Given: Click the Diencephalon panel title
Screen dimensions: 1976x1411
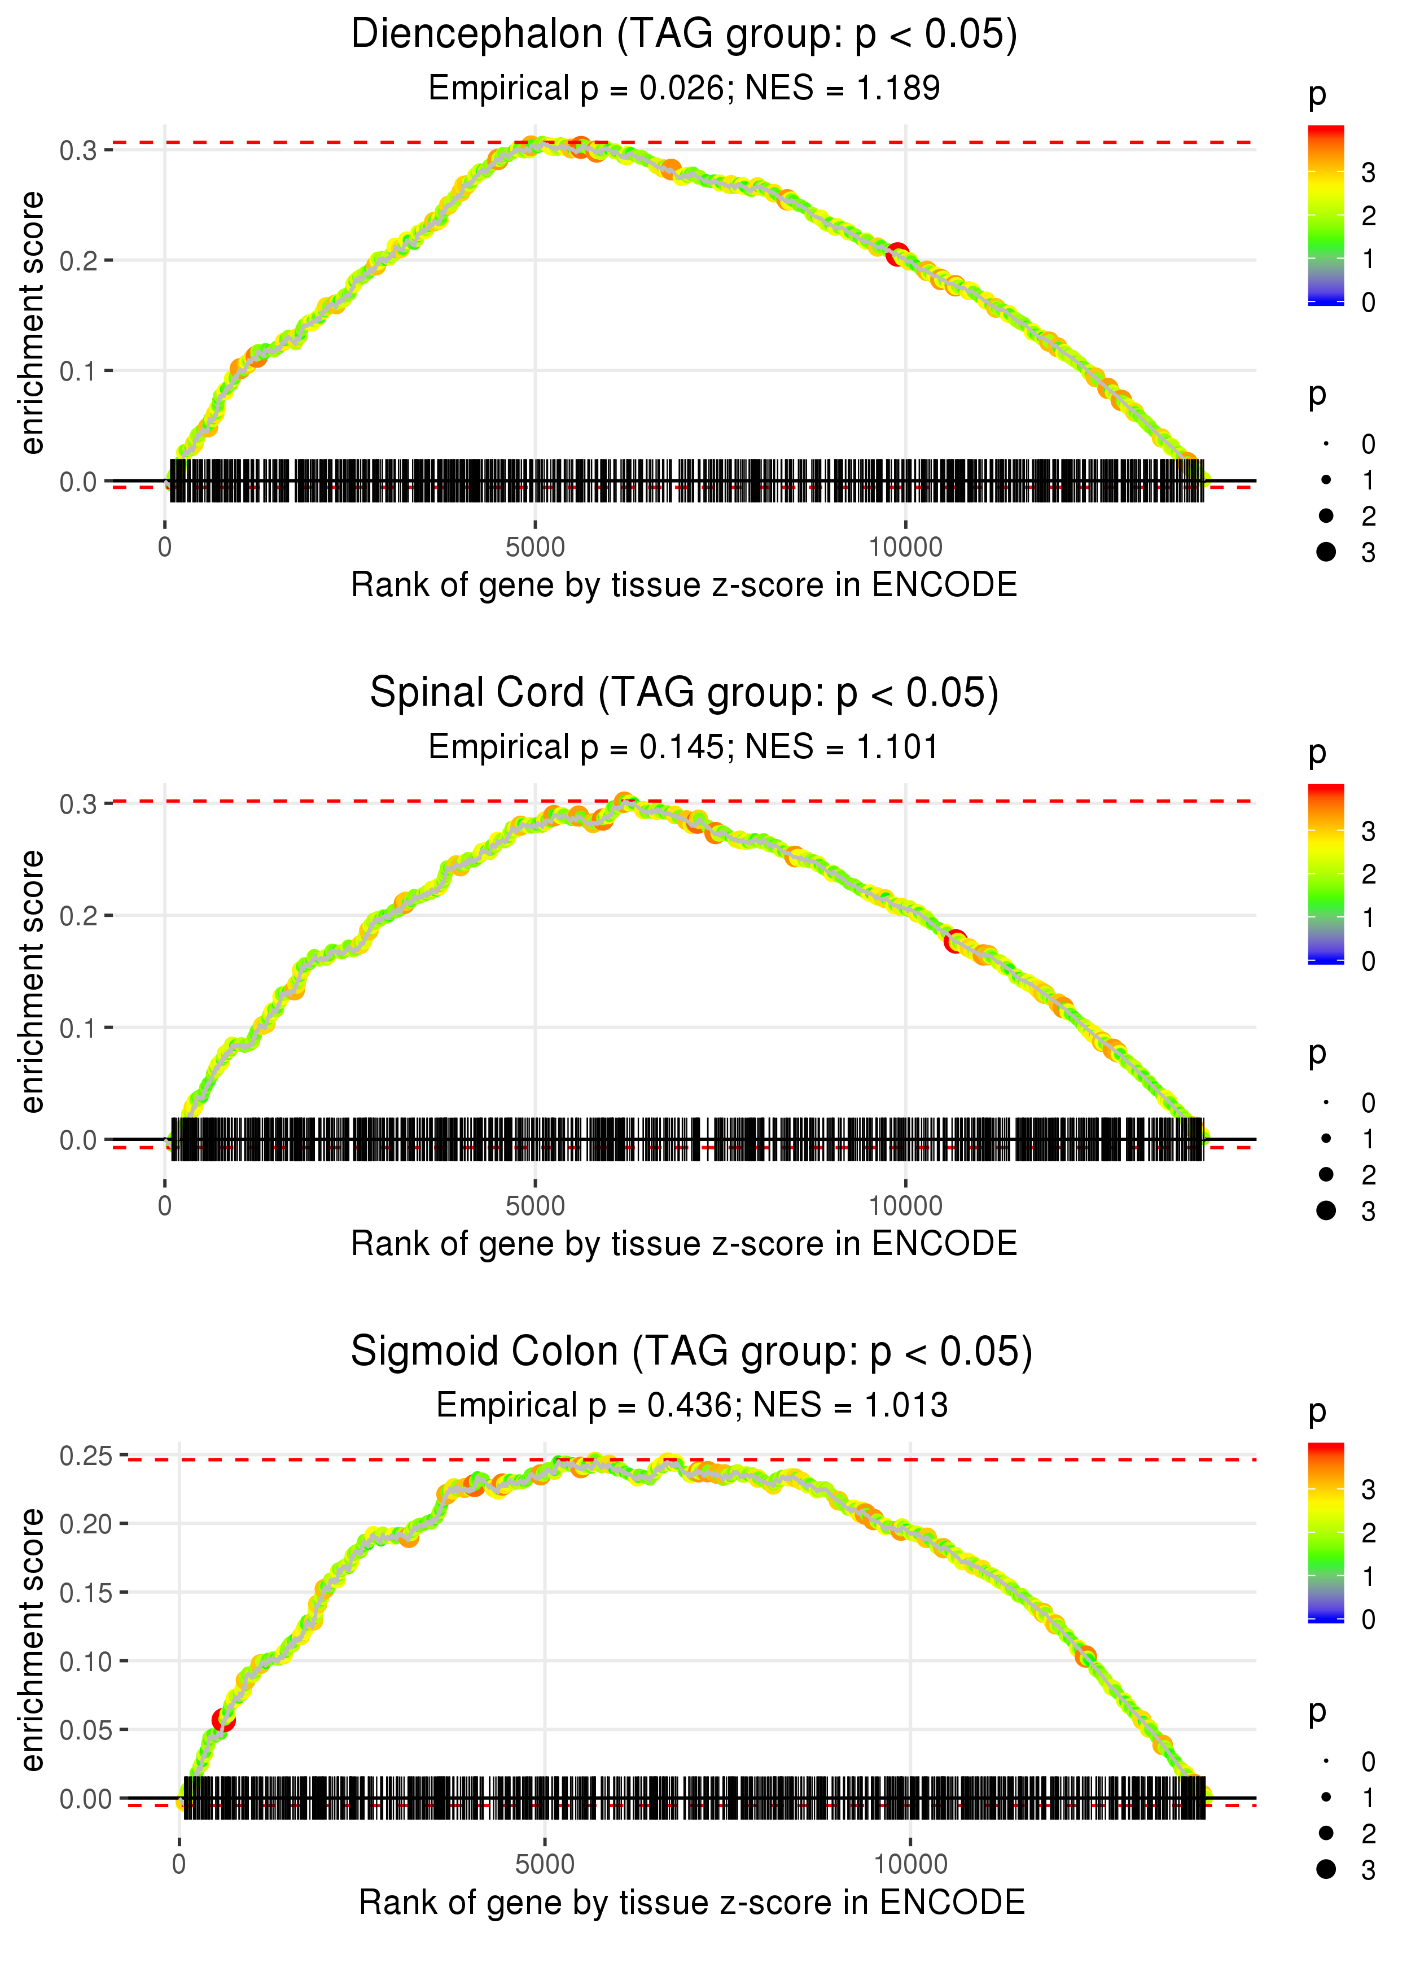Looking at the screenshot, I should (684, 35).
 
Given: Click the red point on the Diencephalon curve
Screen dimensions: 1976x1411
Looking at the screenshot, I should (897, 255).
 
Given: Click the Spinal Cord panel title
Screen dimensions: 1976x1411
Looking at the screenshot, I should (684, 693).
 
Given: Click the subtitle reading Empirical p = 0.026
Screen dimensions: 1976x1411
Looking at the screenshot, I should (684, 89).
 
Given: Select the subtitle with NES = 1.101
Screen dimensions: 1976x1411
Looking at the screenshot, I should (684, 747).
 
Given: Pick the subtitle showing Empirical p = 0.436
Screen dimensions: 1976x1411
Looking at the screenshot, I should (691, 1406).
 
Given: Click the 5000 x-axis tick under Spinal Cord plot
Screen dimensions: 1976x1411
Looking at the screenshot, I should (535, 1206).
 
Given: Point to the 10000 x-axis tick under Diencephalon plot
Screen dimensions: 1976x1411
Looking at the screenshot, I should (905, 548).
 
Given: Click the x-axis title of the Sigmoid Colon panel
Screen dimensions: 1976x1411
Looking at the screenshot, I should (691, 1903).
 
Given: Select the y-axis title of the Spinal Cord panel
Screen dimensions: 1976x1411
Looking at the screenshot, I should (32, 982).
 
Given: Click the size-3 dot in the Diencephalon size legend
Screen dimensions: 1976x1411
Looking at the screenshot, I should (1326, 552).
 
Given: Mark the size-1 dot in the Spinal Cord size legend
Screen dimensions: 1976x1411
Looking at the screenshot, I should (1326, 1138).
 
